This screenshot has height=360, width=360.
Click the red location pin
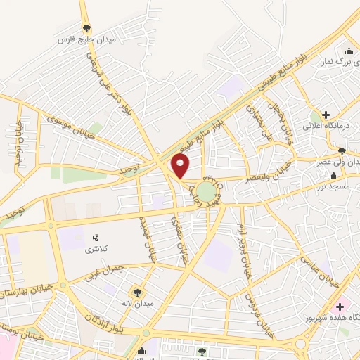(181, 167)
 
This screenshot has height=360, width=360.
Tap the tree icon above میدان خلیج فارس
(86, 29)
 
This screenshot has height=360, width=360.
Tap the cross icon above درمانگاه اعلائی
(325, 114)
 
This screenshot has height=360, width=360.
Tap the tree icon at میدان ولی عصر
(342, 150)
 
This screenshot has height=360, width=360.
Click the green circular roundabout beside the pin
(206, 191)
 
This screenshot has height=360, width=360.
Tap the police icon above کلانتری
(96, 237)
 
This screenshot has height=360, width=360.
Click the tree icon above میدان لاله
(137, 291)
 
